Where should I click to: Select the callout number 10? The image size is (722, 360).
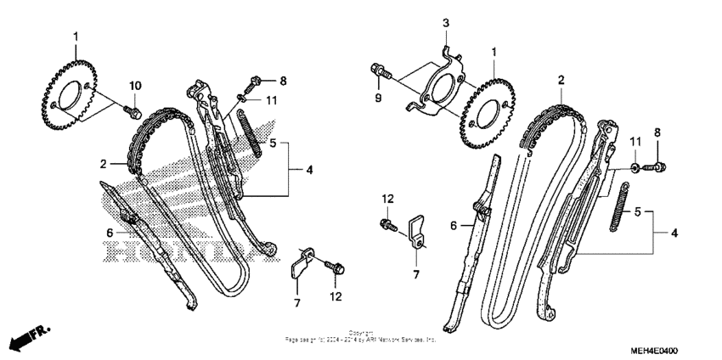point(134,85)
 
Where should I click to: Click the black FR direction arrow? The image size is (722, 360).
point(19,340)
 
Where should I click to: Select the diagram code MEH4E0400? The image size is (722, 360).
point(654,350)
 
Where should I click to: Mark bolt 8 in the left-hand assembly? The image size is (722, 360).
point(252,83)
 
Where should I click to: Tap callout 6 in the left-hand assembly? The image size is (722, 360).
point(110,232)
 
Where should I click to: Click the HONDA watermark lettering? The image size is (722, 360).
point(178,252)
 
